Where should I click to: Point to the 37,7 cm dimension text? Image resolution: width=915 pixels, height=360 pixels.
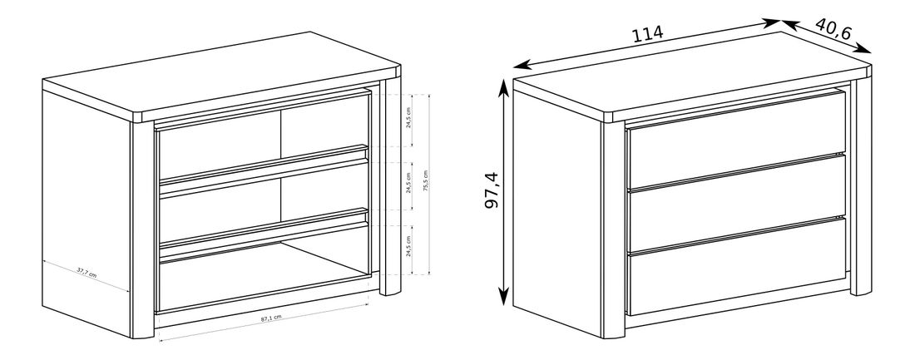[87, 274]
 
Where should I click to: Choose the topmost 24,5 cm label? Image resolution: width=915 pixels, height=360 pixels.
[408, 121]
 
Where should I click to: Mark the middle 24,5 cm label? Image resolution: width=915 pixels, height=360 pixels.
[408, 184]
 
